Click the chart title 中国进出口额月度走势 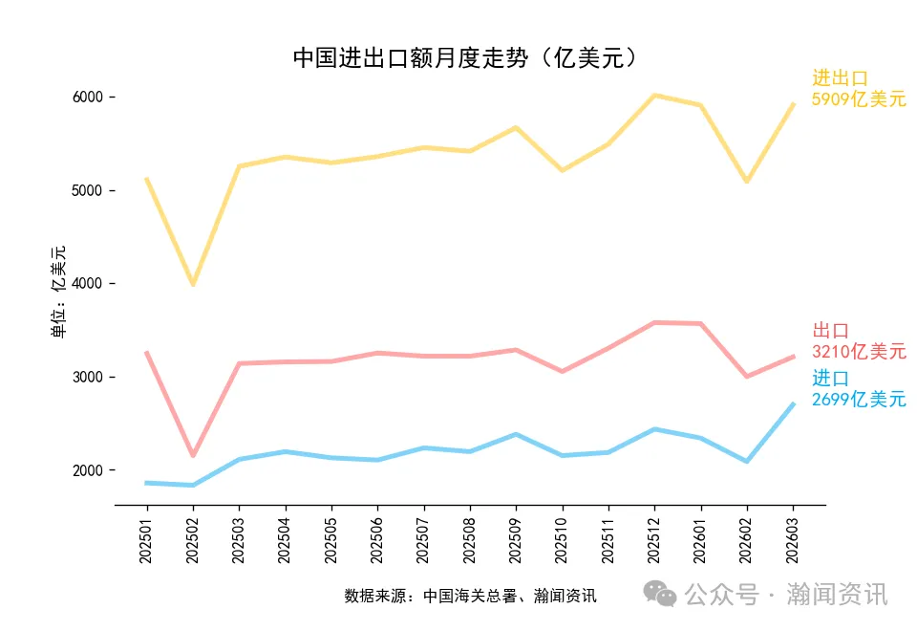[464, 58]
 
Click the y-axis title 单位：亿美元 [59, 292]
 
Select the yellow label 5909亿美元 [859, 99]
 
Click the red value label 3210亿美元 [859, 352]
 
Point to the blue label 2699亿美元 [859, 401]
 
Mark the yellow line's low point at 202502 [193, 284]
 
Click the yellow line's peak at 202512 [654, 95]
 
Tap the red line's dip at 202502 [193, 455]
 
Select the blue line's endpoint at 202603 [793, 404]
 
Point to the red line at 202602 [747, 377]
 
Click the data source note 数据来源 [470, 597]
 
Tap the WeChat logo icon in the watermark [659, 594]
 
